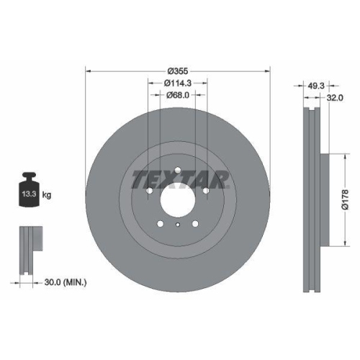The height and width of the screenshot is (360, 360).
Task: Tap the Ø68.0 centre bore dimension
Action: coord(177,95)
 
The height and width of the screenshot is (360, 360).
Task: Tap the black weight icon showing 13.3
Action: coord(29,193)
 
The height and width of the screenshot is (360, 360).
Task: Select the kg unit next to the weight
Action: coord(46,195)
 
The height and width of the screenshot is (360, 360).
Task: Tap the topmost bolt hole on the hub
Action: coord(177,167)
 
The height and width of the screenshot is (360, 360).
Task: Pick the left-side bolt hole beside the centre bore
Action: coord(148,191)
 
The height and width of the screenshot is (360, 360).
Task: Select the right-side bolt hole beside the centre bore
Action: coord(206,191)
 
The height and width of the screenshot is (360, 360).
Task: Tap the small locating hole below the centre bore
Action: coord(177,225)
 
